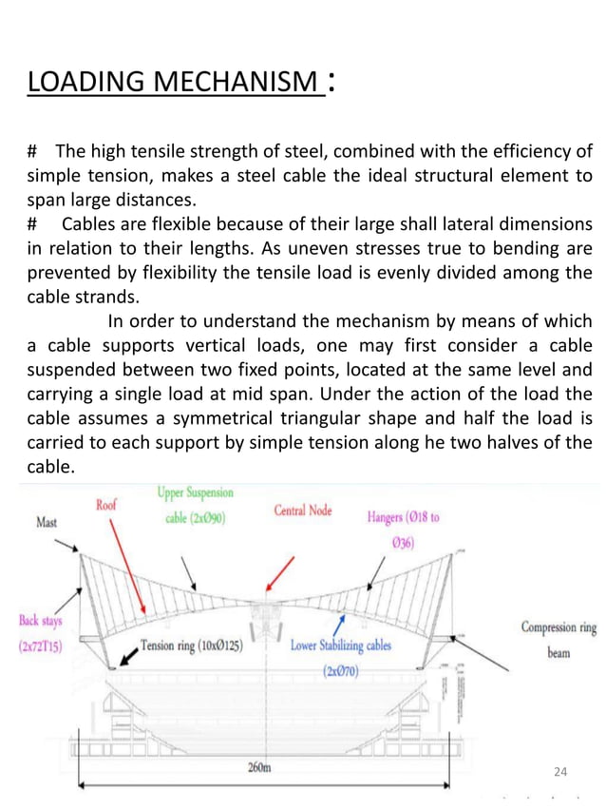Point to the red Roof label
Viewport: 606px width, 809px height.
tap(106, 506)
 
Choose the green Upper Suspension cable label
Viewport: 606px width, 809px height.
tap(195, 507)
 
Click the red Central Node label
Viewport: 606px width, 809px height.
tap(303, 510)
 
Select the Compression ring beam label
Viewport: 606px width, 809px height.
tap(559, 640)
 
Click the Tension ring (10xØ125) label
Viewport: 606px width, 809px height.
tap(195, 645)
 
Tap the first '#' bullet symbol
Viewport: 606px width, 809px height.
tap(32, 152)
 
